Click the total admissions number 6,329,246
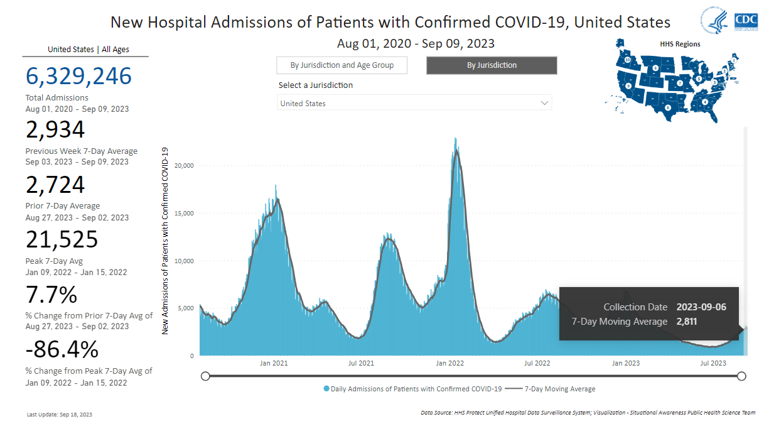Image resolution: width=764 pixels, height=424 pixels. pos(78,76)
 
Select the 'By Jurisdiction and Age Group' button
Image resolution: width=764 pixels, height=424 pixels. pos(342,65)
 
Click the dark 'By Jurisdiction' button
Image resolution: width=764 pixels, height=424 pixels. pos(492,65)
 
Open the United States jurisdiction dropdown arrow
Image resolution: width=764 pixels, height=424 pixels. pos(544,103)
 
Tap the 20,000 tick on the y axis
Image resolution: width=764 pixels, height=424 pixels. pos(184,166)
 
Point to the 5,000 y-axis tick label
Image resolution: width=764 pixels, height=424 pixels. pos(186,308)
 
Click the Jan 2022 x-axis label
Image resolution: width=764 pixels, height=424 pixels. pos(449,363)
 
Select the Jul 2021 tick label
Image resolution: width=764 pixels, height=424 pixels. pos(361,363)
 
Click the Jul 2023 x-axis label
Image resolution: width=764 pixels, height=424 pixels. pos(713,363)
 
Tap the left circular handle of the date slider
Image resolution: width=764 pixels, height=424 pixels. pos(205,376)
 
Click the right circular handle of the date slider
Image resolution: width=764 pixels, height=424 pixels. pos(741,376)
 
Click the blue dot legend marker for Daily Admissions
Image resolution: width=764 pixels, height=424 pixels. pos(326,389)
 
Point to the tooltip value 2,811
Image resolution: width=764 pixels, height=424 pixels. pos(687,322)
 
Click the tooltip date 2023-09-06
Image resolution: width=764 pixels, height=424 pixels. pos(701,307)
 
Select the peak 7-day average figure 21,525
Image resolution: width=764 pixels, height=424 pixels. pos(62,240)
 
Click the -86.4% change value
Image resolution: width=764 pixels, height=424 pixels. pos(62,349)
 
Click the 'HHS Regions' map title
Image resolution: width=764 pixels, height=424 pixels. pos(680,44)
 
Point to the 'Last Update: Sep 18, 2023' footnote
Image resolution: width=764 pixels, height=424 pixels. pos(60,415)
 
